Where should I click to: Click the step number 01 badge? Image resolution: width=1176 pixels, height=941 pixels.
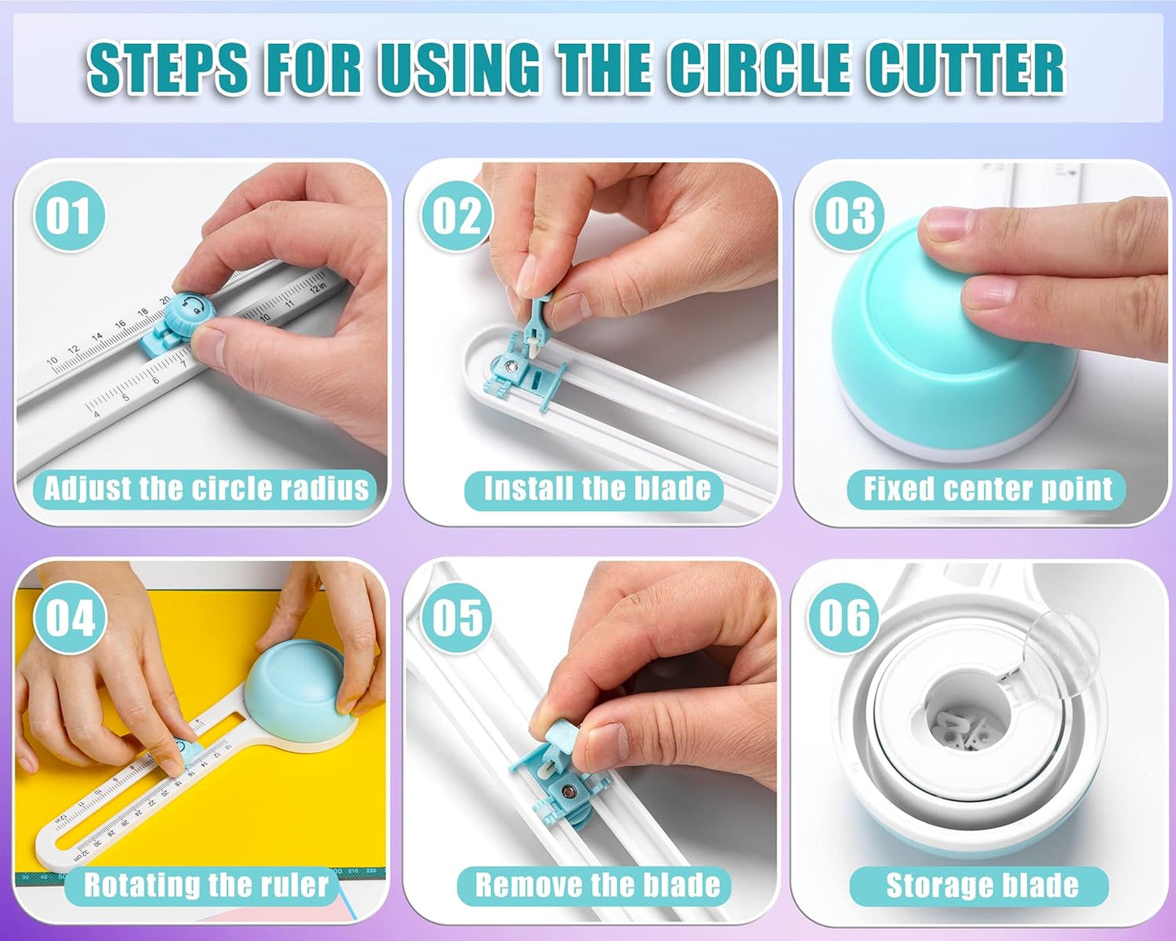(68, 217)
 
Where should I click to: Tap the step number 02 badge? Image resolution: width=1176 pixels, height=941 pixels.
(456, 217)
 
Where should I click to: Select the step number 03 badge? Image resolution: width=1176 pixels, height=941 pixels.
(849, 217)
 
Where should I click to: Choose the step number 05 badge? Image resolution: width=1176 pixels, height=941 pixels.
(457, 618)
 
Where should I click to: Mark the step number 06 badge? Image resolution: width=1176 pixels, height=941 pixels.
(844, 618)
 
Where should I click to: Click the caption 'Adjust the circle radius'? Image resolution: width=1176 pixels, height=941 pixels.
(205, 489)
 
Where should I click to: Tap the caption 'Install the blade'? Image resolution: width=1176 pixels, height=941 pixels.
(596, 489)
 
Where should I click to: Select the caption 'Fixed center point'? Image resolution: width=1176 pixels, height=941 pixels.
(986, 489)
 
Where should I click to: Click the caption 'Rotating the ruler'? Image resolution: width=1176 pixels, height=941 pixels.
(205, 886)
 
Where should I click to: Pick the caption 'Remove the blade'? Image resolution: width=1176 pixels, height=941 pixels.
(596, 886)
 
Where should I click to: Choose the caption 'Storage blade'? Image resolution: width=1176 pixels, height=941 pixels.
(981, 886)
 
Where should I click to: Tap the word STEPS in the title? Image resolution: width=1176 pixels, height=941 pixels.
(168, 68)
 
